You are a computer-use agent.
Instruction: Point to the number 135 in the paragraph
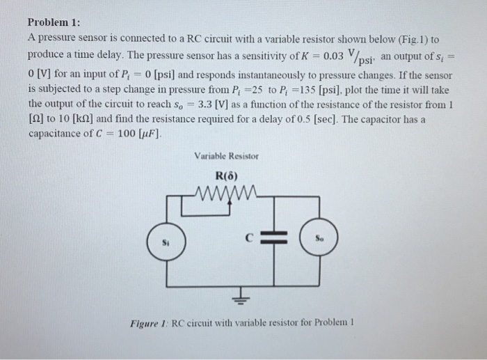[x=308, y=91]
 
